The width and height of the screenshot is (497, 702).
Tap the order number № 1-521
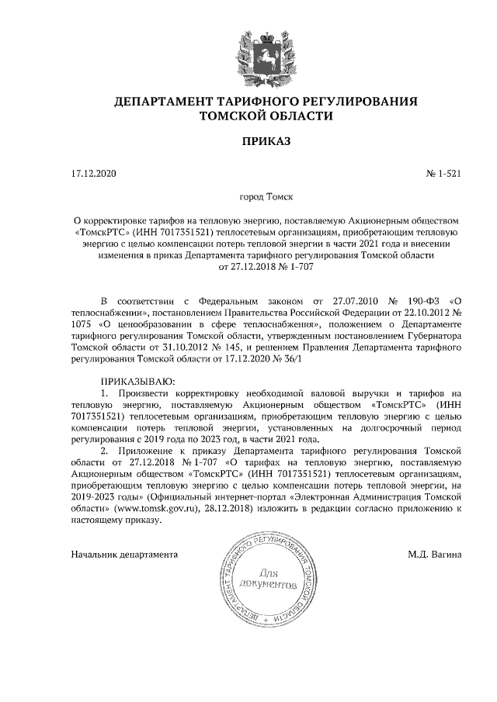(443, 174)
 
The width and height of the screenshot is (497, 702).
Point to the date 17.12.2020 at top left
(92, 174)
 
